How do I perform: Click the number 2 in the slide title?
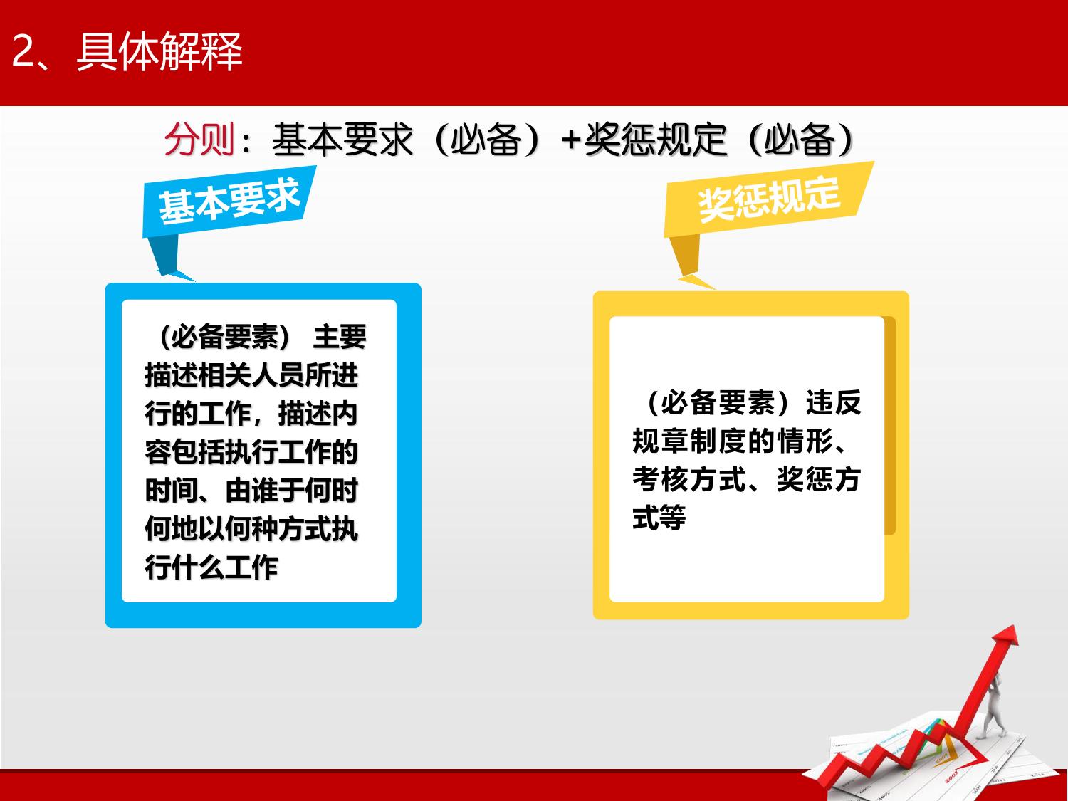point(23,51)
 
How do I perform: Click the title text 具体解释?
point(159,51)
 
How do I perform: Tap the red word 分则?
point(199,140)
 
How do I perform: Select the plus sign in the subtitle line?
point(571,140)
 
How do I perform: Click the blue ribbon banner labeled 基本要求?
point(229,201)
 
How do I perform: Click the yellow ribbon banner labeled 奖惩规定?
point(769,199)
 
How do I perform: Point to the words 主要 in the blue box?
point(339,337)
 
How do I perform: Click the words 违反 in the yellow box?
point(834,403)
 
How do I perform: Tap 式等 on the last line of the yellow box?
point(659,517)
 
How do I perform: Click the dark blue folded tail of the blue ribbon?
point(165,256)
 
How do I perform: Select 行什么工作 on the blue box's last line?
point(211,567)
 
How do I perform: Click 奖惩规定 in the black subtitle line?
point(656,140)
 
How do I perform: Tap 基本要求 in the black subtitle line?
point(342,140)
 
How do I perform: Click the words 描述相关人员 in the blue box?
point(225,375)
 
